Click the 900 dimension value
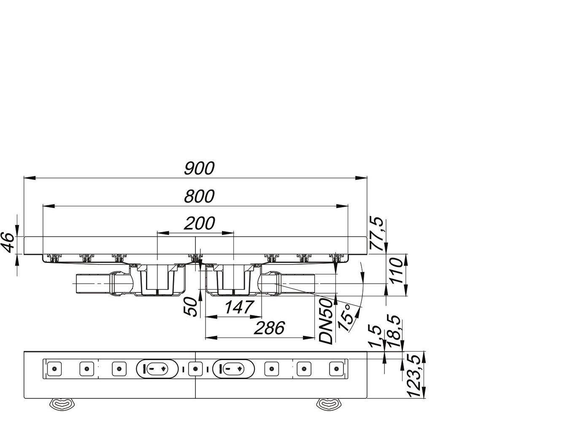tap(199, 168)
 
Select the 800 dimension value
tap(199, 196)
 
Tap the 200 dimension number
tap(199, 223)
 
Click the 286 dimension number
tap(269, 328)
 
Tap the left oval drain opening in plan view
tap(157, 369)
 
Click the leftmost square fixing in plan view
tap(55, 369)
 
